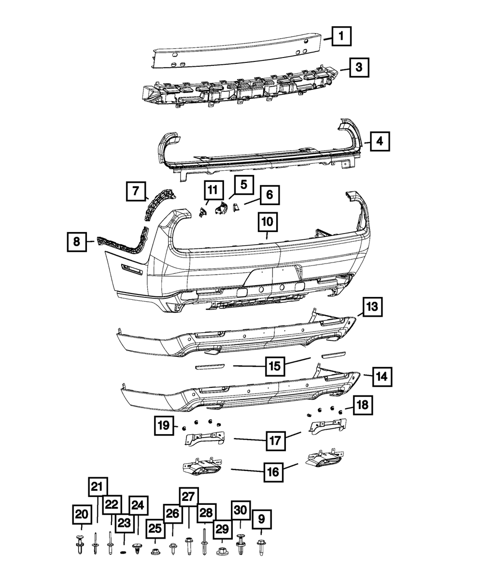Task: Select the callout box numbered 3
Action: [358, 68]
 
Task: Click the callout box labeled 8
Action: [77, 240]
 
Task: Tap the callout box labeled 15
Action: [274, 366]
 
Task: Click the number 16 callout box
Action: [273, 471]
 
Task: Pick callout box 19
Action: [164, 426]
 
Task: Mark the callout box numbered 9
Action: [261, 520]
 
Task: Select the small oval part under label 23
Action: [124, 552]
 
